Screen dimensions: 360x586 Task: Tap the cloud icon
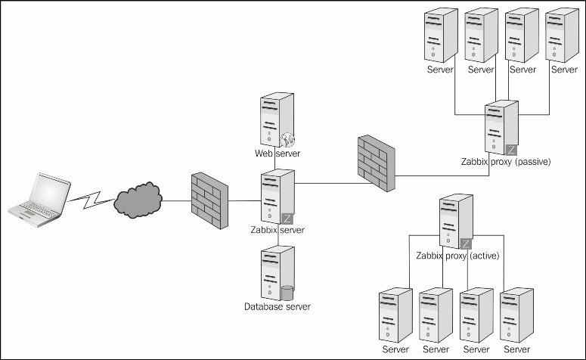click(138, 200)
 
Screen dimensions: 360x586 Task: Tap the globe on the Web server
click(287, 140)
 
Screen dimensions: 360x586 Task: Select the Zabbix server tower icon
click(276, 196)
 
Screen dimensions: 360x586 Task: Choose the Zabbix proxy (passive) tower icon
click(501, 128)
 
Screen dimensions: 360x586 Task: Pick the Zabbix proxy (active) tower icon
click(456, 221)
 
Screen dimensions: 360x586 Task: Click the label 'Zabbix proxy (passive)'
click(505, 161)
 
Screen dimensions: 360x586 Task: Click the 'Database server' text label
click(277, 306)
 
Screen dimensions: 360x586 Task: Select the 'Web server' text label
click(277, 154)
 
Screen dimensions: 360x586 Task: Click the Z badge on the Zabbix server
click(287, 218)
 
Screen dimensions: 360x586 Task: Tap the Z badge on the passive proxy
click(511, 151)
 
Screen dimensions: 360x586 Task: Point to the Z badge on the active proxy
click(466, 244)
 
